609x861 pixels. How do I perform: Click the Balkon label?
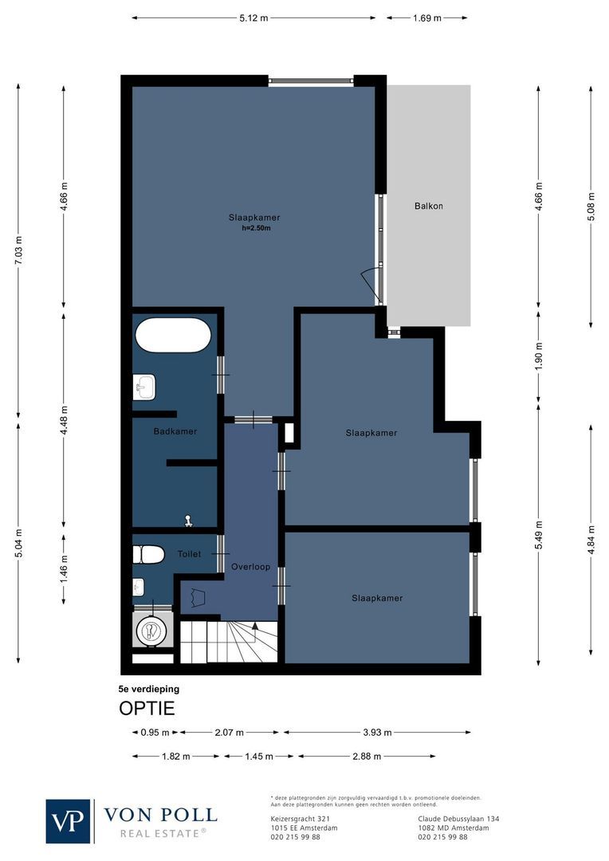click(428, 206)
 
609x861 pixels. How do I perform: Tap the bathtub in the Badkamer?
click(173, 335)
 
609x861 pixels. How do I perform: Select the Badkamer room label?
click(175, 431)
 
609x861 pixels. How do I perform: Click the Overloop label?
click(250, 567)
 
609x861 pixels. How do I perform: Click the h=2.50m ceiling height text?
click(257, 228)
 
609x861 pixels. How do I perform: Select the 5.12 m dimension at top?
click(253, 18)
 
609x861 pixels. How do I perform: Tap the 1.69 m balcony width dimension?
click(426, 18)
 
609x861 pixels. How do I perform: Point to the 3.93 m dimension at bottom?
click(377, 732)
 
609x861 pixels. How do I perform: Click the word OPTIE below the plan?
click(147, 708)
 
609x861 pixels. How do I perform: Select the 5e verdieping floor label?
click(149, 688)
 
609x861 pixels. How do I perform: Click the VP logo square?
click(69, 820)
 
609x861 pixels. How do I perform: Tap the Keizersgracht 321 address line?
click(301, 819)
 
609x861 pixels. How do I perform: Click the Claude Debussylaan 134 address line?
click(458, 819)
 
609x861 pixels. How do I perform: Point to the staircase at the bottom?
click(228, 643)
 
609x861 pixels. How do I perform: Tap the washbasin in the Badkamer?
click(145, 389)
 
